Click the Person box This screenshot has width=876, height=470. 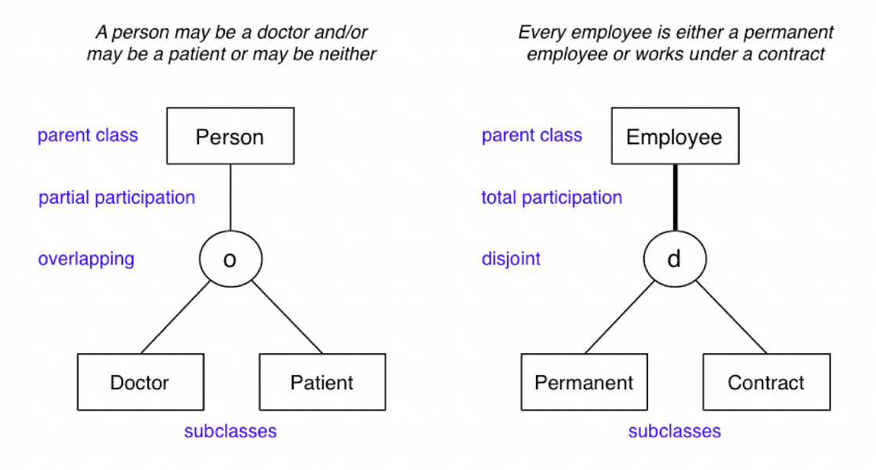tap(230, 137)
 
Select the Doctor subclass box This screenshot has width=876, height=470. tap(139, 382)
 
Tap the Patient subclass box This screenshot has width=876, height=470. tap(322, 382)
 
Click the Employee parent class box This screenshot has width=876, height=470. tap(674, 137)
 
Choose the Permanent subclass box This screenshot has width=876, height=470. tap(584, 382)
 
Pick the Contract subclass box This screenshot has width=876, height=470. tap(766, 382)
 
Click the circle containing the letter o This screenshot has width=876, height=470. tap(230, 259)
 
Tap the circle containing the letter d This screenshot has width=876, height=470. tap(674, 259)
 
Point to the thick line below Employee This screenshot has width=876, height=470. tap(674, 199)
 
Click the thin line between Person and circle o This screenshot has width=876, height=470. tap(230, 199)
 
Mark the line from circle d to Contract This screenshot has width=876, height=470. tap(730, 318)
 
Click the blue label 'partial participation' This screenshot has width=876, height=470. tap(117, 197)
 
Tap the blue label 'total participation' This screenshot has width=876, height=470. tap(552, 197)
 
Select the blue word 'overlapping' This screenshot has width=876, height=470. tap(86, 258)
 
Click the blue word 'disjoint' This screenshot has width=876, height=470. tap(511, 258)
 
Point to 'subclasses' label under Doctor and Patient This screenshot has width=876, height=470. tap(230, 431)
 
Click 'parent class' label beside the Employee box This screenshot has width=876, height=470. tap(532, 136)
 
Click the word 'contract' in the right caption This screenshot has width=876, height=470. tap(797, 54)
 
